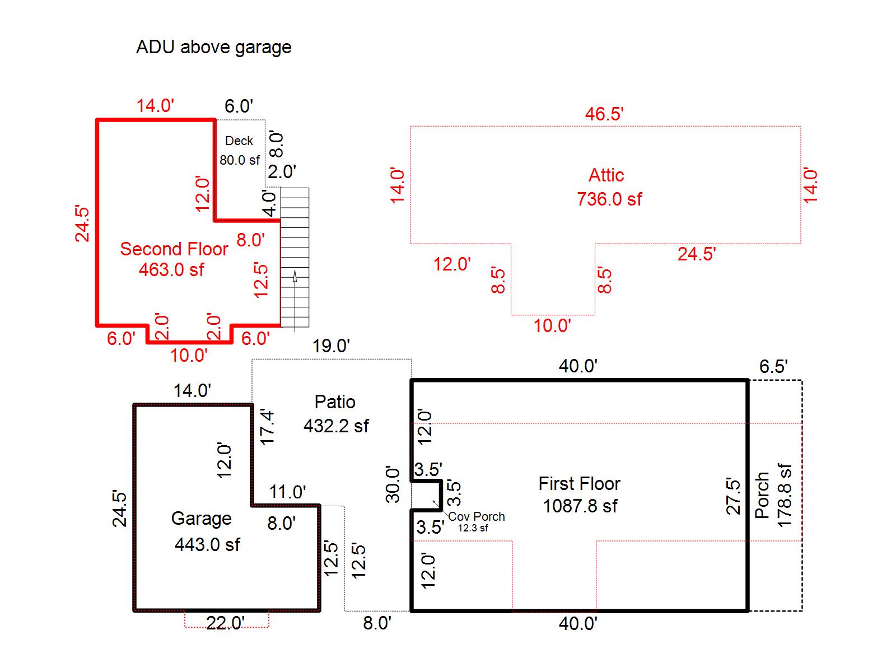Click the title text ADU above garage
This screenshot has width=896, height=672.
[213, 47]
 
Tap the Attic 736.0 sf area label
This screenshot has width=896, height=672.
[609, 188]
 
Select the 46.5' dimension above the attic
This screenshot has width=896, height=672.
[604, 114]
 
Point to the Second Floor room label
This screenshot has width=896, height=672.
[174, 249]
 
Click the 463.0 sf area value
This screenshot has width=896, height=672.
[171, 270]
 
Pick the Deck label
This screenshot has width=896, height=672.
[239, 141]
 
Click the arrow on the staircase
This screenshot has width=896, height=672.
[295, 276]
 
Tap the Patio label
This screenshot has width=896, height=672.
[335, 402]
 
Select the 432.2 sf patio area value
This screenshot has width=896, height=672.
[336, 426]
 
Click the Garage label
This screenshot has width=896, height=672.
[201, 519]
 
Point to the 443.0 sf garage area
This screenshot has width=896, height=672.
[207, 544]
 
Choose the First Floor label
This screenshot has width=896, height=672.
[580, 484]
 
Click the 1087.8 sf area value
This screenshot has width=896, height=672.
[580, 506]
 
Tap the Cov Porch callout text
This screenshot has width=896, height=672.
[477, 517]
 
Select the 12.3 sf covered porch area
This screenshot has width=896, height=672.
[473, 528]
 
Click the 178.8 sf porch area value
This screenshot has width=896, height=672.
[785, 495]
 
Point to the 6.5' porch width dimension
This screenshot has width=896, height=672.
[773, 367]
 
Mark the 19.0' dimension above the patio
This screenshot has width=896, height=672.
[331, 346]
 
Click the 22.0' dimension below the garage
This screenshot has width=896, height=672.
[226, 623]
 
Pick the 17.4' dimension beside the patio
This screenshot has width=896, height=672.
[268, 427]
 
